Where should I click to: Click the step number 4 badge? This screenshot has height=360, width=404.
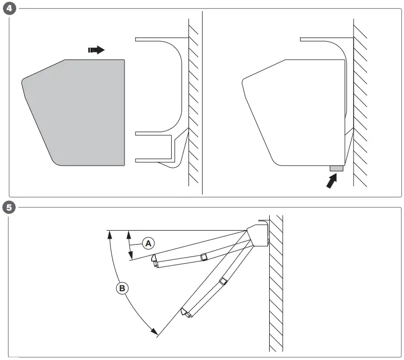click(7, 9)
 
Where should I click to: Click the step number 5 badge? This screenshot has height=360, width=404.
click(7, 207)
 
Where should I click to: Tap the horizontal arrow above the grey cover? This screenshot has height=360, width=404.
click(96, 50)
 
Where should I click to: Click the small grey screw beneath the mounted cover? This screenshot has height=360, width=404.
click(336, 168)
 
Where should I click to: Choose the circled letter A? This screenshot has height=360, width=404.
click(147, 243)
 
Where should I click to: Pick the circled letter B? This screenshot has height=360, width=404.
click(122, 288)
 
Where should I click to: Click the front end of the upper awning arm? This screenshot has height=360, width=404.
click(155, 260)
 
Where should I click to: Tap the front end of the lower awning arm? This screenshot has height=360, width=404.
click(185, 312)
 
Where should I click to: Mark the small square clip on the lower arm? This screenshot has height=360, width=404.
click(223, 281)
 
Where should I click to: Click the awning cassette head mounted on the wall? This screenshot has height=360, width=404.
click(257, 235)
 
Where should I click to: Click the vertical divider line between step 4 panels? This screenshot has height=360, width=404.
click(202, 103)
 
